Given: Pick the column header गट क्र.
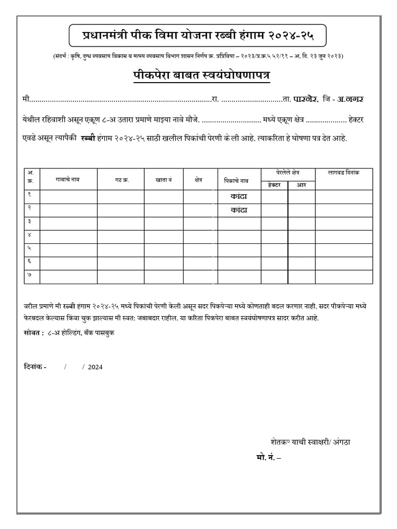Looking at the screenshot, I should [x=120, y=179].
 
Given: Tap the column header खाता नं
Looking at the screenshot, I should [x=163, y=179].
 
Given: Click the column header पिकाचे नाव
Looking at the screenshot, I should [x=237, y=180].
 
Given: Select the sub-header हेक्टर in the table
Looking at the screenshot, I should [x=272, y=185].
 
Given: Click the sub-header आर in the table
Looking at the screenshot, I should [x=301, y=185].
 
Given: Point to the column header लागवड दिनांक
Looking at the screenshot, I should [x=343, y=172].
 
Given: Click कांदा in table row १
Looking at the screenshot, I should [x=238, y=197].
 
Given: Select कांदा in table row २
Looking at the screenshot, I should [x=238, y=210].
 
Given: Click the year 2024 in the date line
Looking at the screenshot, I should [x=95, y=367].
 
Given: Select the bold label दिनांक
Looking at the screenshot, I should [x=34, y=367].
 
